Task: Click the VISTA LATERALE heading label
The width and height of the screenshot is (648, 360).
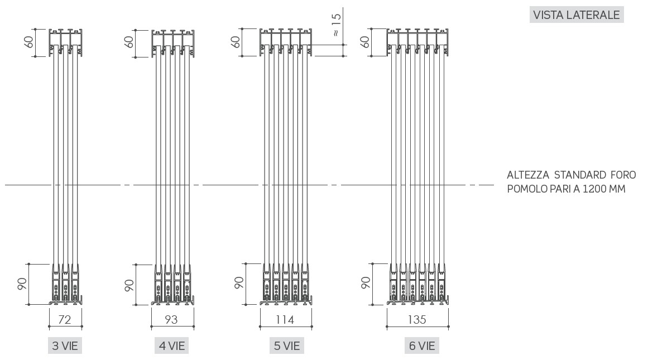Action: click(x=576, y=15)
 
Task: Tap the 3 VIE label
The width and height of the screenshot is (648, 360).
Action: click(x=65, y=345)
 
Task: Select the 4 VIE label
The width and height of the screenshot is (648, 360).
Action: click(x=172, y=345)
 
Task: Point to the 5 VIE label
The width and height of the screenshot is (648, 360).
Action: click(x=287, y=345)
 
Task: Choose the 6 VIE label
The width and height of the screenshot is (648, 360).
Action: click(x=422, y=345)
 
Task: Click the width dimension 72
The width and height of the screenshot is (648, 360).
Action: click(x=65, y=319)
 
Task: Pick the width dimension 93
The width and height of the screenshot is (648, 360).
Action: click(x=171, y=319)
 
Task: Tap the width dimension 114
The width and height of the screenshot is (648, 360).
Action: click(x=285, y=319)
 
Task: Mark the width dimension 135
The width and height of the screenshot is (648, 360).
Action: click(x=417, y=319)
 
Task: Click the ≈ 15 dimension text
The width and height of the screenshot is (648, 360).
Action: click(x=336, y=25)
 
